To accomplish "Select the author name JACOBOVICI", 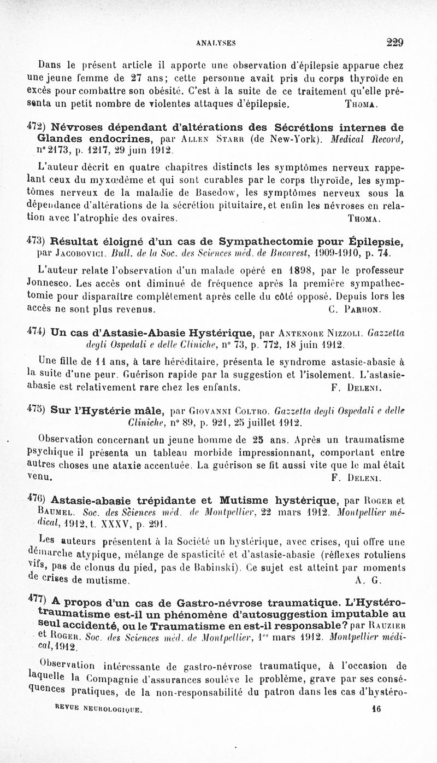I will (x=78, y=253).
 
